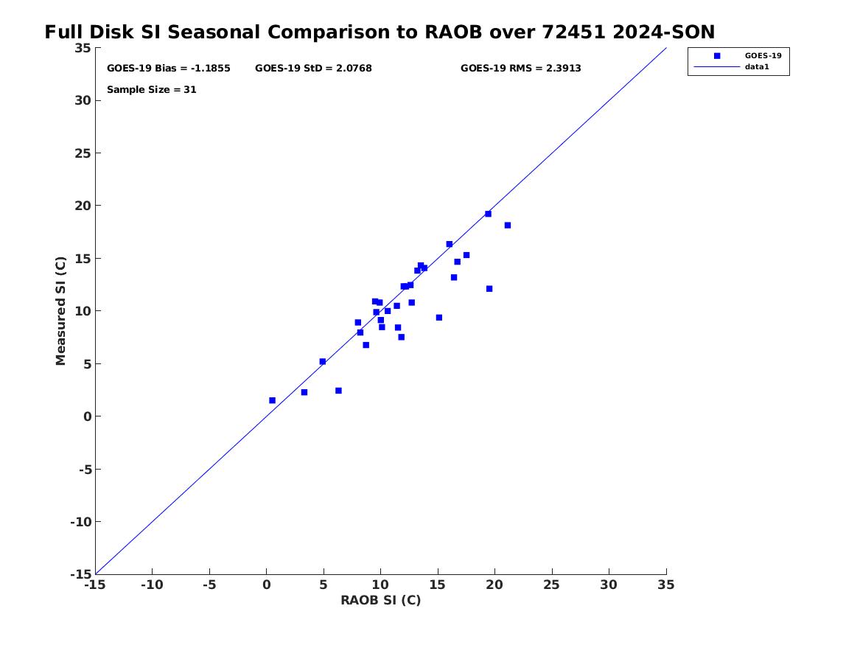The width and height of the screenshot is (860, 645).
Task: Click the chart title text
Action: tap(380, 32)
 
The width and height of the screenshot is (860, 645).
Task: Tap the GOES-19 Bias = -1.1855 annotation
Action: tap(168, 69)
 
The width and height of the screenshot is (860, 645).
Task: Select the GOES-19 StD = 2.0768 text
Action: tap(313, 69)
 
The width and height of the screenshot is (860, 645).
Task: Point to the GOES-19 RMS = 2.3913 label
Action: tap(520, 69)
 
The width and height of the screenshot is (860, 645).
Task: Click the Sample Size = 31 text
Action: tap(151, 90)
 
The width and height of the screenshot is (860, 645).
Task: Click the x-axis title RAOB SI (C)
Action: tap(381, 600)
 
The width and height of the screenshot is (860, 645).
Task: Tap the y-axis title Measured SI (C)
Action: tap(60, 311)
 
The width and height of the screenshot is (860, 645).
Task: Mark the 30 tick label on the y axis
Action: tap(83, 100)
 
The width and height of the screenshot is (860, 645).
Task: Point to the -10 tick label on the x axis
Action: tap(152, 585)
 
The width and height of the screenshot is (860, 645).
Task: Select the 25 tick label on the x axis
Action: tap(552, 585)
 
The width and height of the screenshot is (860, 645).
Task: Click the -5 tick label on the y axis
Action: tap(85, 469)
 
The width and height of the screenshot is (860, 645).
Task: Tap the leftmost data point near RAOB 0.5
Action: tap(272, 400)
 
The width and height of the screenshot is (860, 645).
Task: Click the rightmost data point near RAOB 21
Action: tap(507, 226)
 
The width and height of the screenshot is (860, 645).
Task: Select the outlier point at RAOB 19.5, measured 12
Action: tap(489, 289)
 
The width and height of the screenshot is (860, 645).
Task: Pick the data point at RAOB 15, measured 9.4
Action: tap(438, 318)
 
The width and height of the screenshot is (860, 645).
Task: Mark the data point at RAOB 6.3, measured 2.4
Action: tap(338, 391)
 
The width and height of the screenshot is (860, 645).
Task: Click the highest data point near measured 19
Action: tap(488, 214)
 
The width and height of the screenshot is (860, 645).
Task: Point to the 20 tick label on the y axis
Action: tap(83, 206)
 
